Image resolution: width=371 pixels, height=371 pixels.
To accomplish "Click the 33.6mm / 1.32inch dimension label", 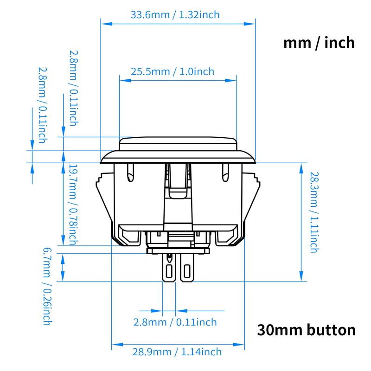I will [175, 15].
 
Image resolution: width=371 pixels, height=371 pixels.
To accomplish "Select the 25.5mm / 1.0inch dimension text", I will [173, 71].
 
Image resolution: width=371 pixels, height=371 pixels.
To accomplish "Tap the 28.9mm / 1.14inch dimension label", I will [178, 352].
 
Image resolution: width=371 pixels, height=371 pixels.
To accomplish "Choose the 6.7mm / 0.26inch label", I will [47, 286].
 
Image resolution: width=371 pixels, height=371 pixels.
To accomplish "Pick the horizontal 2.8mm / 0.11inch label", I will [175, 322].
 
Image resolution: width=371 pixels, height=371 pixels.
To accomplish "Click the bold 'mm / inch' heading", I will [319, 43].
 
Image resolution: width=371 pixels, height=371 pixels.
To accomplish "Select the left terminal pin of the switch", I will [169, 269].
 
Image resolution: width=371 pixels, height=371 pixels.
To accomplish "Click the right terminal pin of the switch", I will [187, 269].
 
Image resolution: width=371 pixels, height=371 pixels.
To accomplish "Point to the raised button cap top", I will [178, 142].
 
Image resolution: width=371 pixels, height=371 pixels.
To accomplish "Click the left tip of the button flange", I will [102, 160].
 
